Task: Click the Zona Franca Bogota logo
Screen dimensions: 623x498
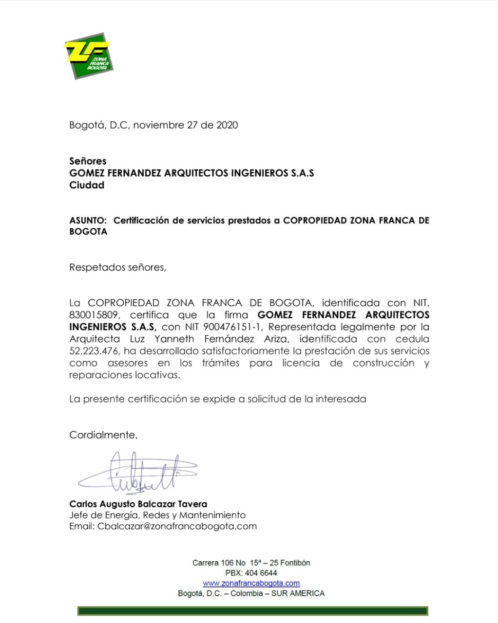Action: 89,56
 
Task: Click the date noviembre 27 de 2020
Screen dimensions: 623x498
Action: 185,125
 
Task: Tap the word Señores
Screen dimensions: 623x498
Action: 88,161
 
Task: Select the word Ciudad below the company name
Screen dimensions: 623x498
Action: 87,185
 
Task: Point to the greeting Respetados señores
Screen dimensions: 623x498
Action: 117,267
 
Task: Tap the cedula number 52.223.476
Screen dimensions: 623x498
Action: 94,351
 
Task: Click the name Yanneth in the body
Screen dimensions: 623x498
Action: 174,339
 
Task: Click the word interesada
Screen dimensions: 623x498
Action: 341,399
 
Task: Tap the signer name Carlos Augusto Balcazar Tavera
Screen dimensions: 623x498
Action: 138,504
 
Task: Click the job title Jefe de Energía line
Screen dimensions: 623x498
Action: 157,515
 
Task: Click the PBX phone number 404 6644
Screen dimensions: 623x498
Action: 261,573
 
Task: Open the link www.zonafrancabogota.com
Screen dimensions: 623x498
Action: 251,583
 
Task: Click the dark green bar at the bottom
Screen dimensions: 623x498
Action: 252,611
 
